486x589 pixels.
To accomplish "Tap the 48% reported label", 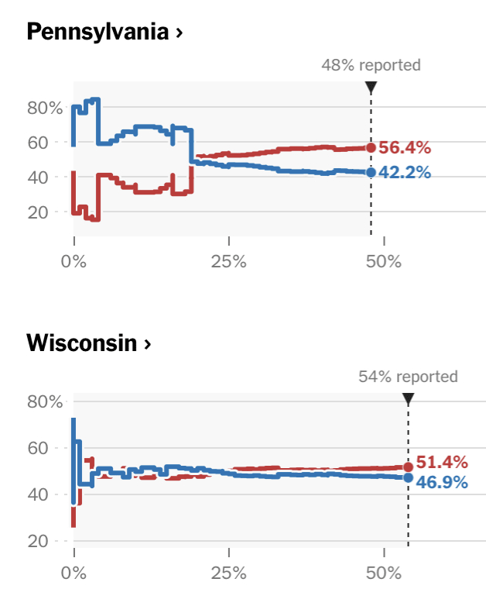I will (x=371, y=65).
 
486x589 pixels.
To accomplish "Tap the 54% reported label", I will (x=408, y=377).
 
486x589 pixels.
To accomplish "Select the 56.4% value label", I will (x=405, y=148).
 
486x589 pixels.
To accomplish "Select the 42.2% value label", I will (x=405, y=173).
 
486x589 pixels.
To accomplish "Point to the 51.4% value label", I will (x=442, y=463).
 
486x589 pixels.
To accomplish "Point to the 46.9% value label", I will (x=442, y=482).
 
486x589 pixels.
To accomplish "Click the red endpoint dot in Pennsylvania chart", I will (x=371, y=147).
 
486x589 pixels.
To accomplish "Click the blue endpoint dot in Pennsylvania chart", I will (x=371, y=172).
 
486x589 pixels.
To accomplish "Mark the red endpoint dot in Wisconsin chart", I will (x=408, y=467).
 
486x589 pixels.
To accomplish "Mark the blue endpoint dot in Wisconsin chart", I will (x=408, y=477).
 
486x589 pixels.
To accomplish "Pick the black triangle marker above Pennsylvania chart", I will (x=371, y=87).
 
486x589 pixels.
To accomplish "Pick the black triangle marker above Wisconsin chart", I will (x=408, y=398).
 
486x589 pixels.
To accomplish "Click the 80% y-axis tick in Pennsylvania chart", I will (x=45, y=108).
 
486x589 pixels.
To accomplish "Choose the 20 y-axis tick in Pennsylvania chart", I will (x=50, y=212).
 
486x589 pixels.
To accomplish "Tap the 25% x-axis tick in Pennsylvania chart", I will (x=229, y=261).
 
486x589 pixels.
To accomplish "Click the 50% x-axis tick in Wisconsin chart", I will (x=385, y=573).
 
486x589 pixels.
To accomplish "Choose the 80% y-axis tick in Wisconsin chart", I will (x=45, y=401).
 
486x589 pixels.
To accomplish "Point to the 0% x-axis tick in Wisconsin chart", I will (x=75, y=573).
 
